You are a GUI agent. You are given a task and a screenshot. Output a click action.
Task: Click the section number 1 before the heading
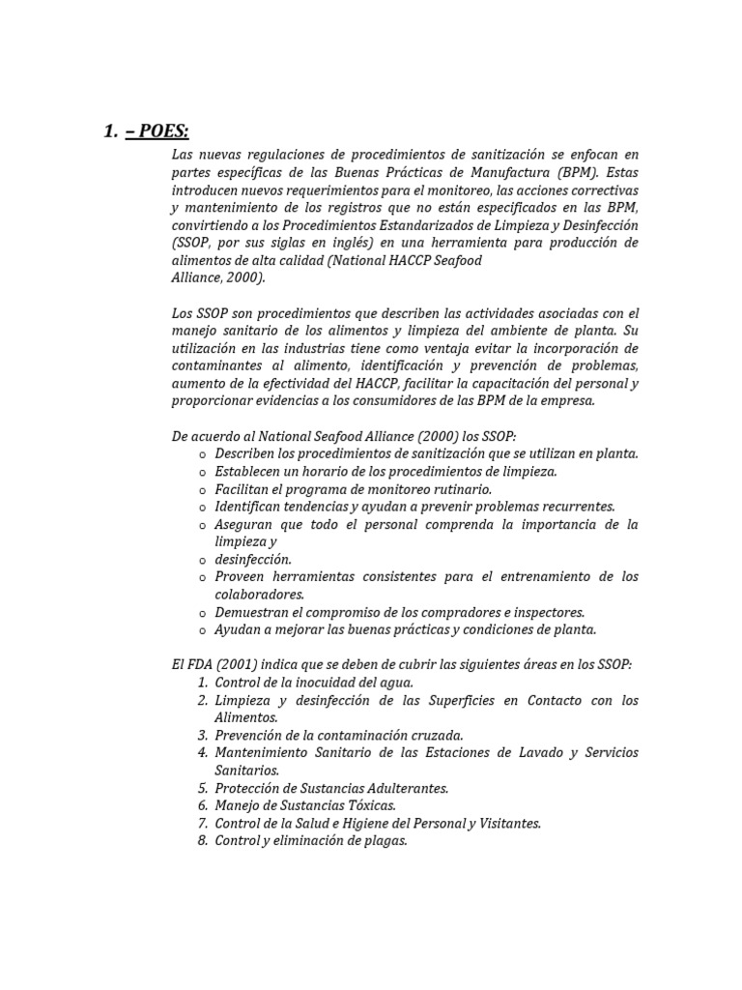[x=109, y=132]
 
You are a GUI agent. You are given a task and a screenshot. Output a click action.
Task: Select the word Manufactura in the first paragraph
[x=528, y=173]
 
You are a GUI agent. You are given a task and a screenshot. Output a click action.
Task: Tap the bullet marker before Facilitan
[x=202, y=490]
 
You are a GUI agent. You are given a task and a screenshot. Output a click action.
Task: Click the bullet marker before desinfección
[x=202, y=560]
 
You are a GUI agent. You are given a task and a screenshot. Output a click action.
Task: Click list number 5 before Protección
[x=203, y=788]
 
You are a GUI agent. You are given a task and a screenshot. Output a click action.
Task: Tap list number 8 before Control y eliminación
[x=203, y=840]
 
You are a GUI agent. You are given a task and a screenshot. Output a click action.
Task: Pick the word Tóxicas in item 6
[x=370, y=805]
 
